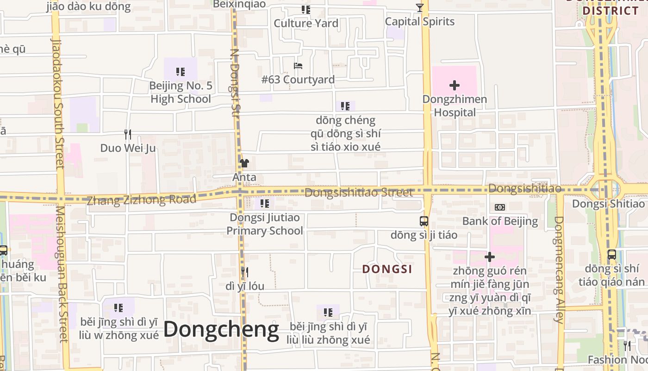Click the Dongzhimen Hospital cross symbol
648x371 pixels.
click(x=455, y=85)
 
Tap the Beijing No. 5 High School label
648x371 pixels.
click(x=181, y=92)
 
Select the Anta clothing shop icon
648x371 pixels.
click(x=244, y=163)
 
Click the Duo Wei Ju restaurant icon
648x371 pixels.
click(x=128, y=134)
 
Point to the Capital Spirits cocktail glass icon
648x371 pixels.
click(x=419, y=8)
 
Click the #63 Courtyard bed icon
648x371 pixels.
click(x=298, y=66)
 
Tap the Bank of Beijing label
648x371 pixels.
click(x=500, y=221)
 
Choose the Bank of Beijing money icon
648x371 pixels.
click(x=500, y=207)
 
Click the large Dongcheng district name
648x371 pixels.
click(x=221, y=329)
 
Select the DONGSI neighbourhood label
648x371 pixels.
click(x=387, y=269)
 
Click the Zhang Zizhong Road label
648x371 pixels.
click(x=142, y=200)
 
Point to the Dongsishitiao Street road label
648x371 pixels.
click(x=359, y=192)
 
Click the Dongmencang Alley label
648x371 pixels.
click(x=559, y=269)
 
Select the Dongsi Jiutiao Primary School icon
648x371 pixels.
click(x=265, y=204)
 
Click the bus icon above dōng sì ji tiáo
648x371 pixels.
click(x=424, y=221)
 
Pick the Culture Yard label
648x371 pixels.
click(x=306, y=23)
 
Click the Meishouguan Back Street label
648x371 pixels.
click(x=62, y=274)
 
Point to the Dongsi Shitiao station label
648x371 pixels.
click(x=608, y=204)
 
